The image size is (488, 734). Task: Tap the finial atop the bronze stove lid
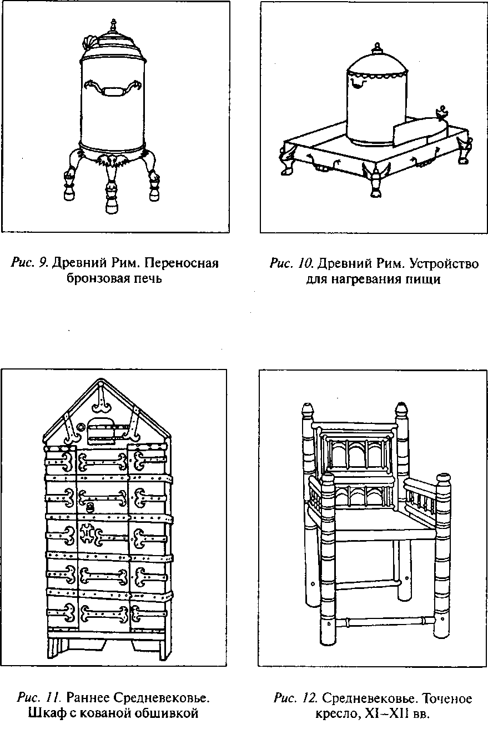114,26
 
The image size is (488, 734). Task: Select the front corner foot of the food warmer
375,182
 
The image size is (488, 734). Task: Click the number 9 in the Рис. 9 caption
42,263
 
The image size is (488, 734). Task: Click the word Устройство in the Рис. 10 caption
444,263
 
